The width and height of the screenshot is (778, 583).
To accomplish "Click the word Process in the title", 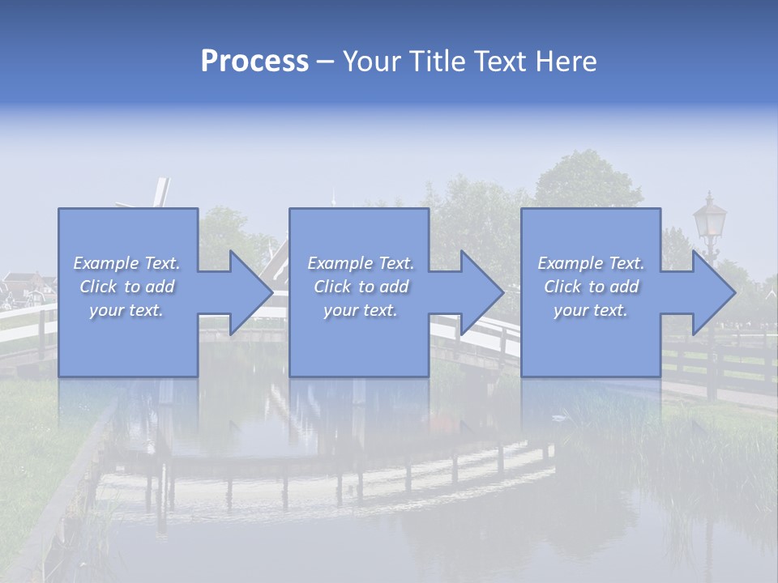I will pyautogui.click(x=254, y=62).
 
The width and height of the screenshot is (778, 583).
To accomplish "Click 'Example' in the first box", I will pyautogui.click(x=105, y=263).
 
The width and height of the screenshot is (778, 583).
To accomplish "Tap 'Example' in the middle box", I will pyautogui.click(x=340, y=263).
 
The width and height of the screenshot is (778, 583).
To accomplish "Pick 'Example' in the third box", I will pyautogui.click(x=570, y=263).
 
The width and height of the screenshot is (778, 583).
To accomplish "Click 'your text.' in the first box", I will pyautogui.click(x=126, y=310).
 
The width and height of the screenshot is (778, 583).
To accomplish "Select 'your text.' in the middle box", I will pyautogui.click(x=361, y=310).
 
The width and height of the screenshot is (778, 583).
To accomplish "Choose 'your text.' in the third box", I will pyautogui.click(x=591, y=310).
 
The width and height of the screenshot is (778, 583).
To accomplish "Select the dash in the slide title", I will pyautogui.click(x=326, y=62).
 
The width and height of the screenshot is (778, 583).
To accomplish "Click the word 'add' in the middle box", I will pyautogui.click(x=393, y=287).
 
